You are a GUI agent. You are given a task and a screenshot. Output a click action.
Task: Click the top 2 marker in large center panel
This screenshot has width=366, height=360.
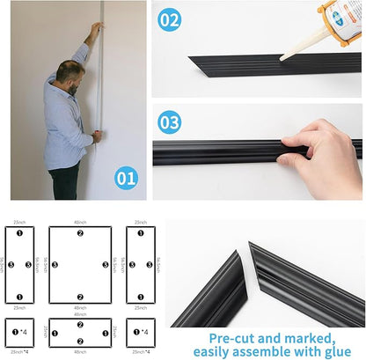pos(80,233)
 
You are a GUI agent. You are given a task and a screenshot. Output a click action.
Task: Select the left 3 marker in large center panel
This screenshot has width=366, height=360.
pos(55,264)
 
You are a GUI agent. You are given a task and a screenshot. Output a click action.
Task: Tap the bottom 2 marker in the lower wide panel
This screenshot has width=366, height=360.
pos(80,342)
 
